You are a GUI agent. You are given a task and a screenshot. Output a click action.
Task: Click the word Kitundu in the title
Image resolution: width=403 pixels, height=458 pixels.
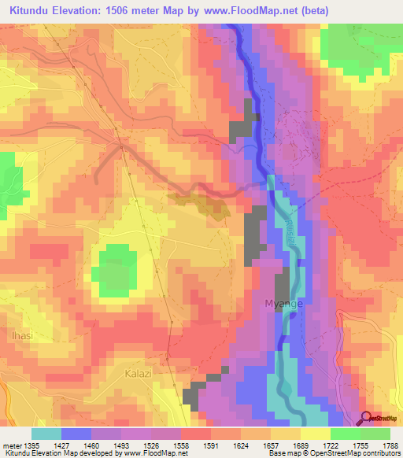33,10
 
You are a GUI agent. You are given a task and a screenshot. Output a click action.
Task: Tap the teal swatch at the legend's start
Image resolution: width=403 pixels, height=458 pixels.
46,434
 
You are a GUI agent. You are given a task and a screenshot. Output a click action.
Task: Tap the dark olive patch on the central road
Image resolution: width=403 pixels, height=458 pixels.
209,204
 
